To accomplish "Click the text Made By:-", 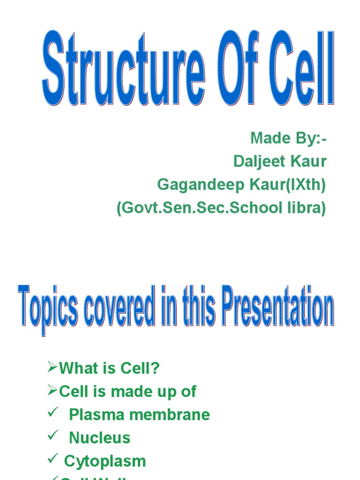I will click(x=288, y=138).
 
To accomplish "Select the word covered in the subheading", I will click(x=110, y=309).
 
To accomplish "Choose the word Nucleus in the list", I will click(x=99, y=438).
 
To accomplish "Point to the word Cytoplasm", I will click(x=105, y=461).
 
